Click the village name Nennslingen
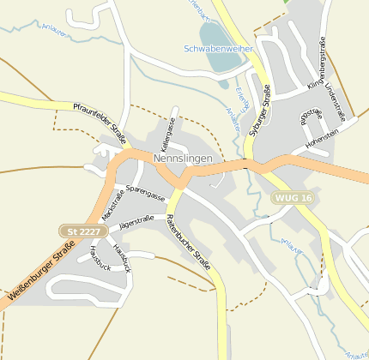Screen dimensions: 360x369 (188, 159)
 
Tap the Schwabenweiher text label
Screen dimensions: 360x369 (218, 49)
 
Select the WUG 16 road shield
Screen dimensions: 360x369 (293, 198)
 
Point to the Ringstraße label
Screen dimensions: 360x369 (311, 117)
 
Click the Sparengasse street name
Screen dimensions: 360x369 (145, 192)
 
